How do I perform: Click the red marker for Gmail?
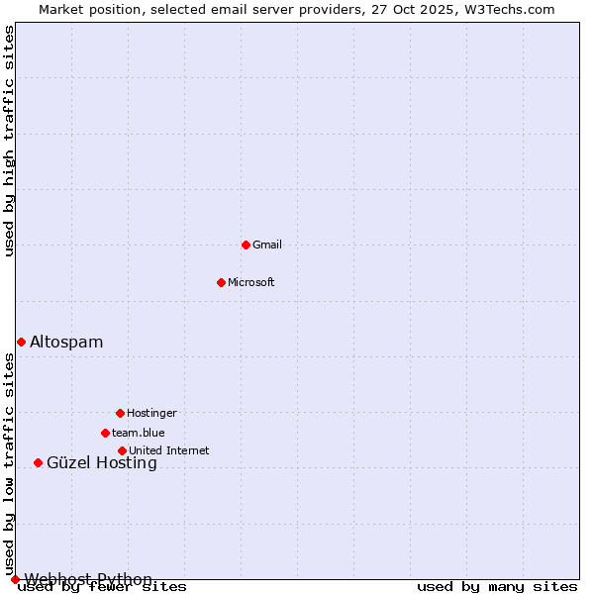246,245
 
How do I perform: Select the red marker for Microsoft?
221,282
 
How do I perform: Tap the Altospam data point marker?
21,342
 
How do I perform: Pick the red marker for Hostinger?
120,413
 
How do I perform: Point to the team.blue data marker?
105,433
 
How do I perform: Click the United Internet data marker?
122,450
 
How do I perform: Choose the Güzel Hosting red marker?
38,462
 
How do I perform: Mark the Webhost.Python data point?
15,579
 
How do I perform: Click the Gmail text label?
267,245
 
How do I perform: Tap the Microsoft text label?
251,282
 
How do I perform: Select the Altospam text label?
66,342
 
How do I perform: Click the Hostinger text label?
151,413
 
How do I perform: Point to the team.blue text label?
139,433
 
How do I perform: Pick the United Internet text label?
169,450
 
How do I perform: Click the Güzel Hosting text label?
102,462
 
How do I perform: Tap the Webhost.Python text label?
88,579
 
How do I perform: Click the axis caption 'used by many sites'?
497,587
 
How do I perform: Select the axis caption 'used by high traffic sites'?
10,141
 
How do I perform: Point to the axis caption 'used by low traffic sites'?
10,464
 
